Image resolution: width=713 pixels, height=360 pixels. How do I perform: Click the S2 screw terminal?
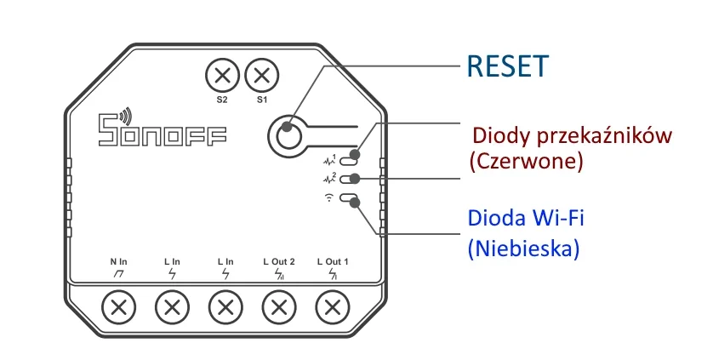point(223,75)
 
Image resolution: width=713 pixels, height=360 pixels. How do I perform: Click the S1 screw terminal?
point(261,75)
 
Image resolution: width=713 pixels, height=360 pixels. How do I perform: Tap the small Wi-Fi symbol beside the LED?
point(329,198)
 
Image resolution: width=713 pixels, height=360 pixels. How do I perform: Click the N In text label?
point(118,260)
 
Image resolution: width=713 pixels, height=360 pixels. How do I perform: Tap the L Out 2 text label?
point(279,260)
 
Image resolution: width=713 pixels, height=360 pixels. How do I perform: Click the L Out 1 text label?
point(333,260)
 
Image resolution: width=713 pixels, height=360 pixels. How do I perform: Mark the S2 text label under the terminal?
point(222,100)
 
